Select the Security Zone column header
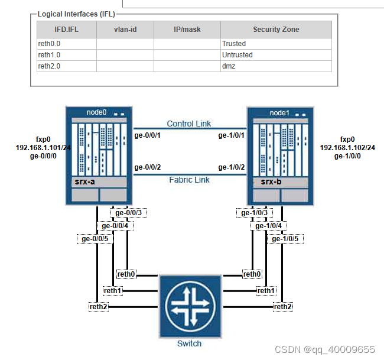pos(276,30)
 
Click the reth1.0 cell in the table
pos(50,55)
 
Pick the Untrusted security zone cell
pos(237,55)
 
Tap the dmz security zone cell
pos(229,66)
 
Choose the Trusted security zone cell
pos(234,44)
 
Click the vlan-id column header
pos(125,30)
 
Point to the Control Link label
pos(189,124)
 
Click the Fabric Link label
pos(189,180)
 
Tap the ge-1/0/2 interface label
pos(232,168)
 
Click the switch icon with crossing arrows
pos(189,307)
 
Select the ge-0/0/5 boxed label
pos(93,239)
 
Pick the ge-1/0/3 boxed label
pos(255,213)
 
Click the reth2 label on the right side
pos(282,306)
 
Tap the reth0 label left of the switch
pos(126,274)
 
